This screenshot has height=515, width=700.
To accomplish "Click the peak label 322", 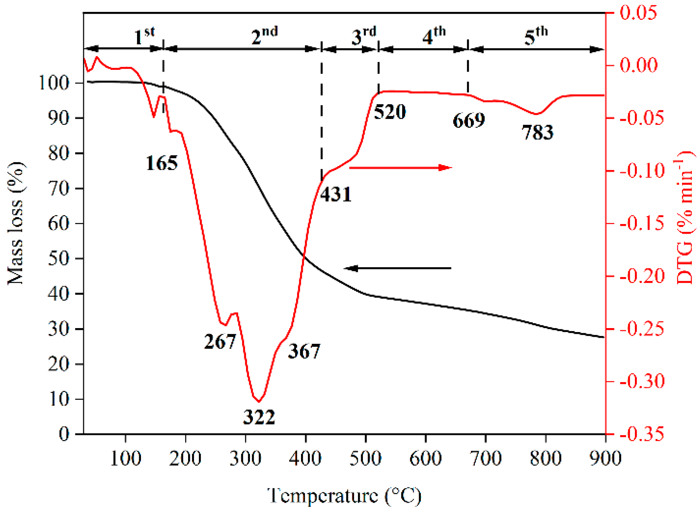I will click(259, 417).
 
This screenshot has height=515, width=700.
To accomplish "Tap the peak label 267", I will click(220, 341).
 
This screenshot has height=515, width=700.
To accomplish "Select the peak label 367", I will click(304, 351).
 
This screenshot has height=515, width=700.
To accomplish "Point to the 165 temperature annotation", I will click(162, 163).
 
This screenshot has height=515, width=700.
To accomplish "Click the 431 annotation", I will click(336, 194).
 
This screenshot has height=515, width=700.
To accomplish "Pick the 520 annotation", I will click(390, 112).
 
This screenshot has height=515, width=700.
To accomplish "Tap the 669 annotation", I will click(469, 120).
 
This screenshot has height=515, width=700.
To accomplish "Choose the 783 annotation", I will click(537, 132).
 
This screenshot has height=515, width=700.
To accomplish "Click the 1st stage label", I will click(144, 36).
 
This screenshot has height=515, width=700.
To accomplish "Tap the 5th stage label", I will click(536, 36).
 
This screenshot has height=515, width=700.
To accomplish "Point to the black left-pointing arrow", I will click(397, 268).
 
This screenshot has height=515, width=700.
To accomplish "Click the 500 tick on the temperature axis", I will click(365, 458).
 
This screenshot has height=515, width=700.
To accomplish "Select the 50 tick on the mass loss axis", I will click(58, 258).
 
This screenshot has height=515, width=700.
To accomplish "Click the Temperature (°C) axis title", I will click(344, 496).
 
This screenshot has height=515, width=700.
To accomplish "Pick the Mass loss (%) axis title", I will click(16, 223).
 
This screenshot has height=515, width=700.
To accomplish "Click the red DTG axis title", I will click(685, 218).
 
